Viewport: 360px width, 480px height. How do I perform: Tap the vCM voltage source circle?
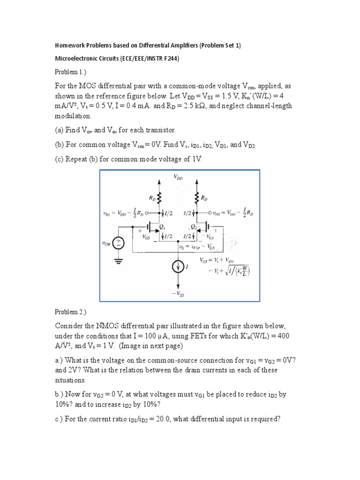pyautogui.click(x=119, y=243)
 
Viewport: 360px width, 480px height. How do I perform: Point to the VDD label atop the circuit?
pyautogui.click(x=179, y=177)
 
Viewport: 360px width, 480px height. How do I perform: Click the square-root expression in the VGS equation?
pyautogui.click(x=232, y=271)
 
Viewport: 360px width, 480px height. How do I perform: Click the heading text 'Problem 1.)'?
pyautogui.click(x=71, y=72)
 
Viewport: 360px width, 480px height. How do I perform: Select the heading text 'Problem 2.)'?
pyautogui.click(x=71, y=312)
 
